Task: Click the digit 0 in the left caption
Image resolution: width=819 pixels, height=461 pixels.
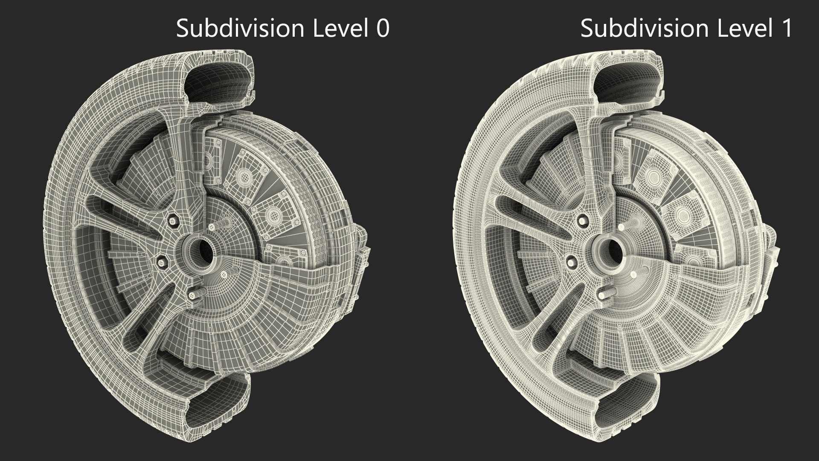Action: [x=382, y=29]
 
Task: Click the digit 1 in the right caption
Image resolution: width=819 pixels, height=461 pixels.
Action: [x=786, y=29]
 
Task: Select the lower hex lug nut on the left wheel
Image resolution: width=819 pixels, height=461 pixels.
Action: [x=163, y=260]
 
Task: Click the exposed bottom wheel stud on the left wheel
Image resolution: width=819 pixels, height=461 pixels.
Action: [x=194, y=295]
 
